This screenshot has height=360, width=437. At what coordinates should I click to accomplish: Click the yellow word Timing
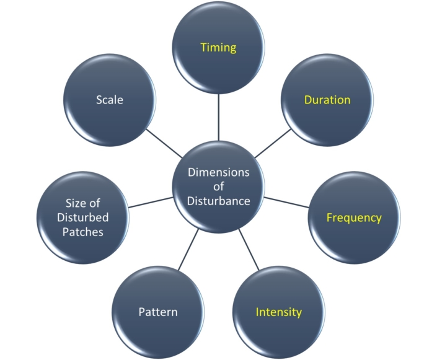(218, 48)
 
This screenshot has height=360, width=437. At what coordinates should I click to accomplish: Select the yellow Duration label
(327, 100)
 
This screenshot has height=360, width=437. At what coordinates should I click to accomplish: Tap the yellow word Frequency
(354, 218)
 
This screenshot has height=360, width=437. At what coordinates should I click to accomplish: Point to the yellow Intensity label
(279, 312)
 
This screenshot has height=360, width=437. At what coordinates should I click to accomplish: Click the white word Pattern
(157, 312)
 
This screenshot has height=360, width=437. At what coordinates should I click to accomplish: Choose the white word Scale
(110, 100)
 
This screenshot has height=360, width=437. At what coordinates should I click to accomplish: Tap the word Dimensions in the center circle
(218, 172)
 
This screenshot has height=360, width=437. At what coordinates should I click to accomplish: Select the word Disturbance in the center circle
(219, 201)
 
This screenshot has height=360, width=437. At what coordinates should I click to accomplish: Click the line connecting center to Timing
(218, 118)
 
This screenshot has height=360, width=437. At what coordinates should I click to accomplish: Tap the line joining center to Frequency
(286, 202)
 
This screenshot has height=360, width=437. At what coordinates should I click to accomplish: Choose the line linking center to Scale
(164, 143)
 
